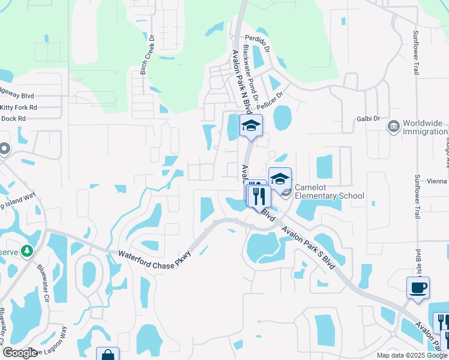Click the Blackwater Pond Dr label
(x=251, y=75)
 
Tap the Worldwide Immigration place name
(x=423, y=127)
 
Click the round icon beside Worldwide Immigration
(x=394, y=127)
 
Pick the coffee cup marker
(x=418, y=287)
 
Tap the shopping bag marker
(x=107, y=355)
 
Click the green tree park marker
(x=26, y=250)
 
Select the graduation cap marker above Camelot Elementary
(x=280, y=178)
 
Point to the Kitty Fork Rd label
(x=19, y=107)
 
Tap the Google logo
(x=20, y=353)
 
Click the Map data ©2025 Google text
(x=411, y=355)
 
